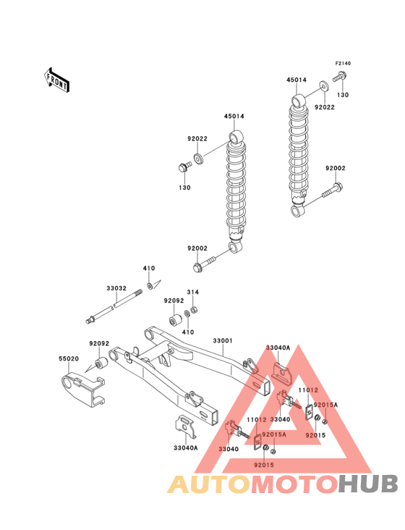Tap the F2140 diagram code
click(x=342, y=64)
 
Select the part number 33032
click(x=116, y=287)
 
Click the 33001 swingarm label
click(x=222, y=340)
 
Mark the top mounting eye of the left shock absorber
click(x=236, y=137)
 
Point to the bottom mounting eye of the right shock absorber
click(x=297, y=210)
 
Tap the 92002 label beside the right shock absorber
click(x=335, y=168)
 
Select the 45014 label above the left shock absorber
click(x=234, y=116)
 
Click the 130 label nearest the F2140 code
click(x=342, y=95)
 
